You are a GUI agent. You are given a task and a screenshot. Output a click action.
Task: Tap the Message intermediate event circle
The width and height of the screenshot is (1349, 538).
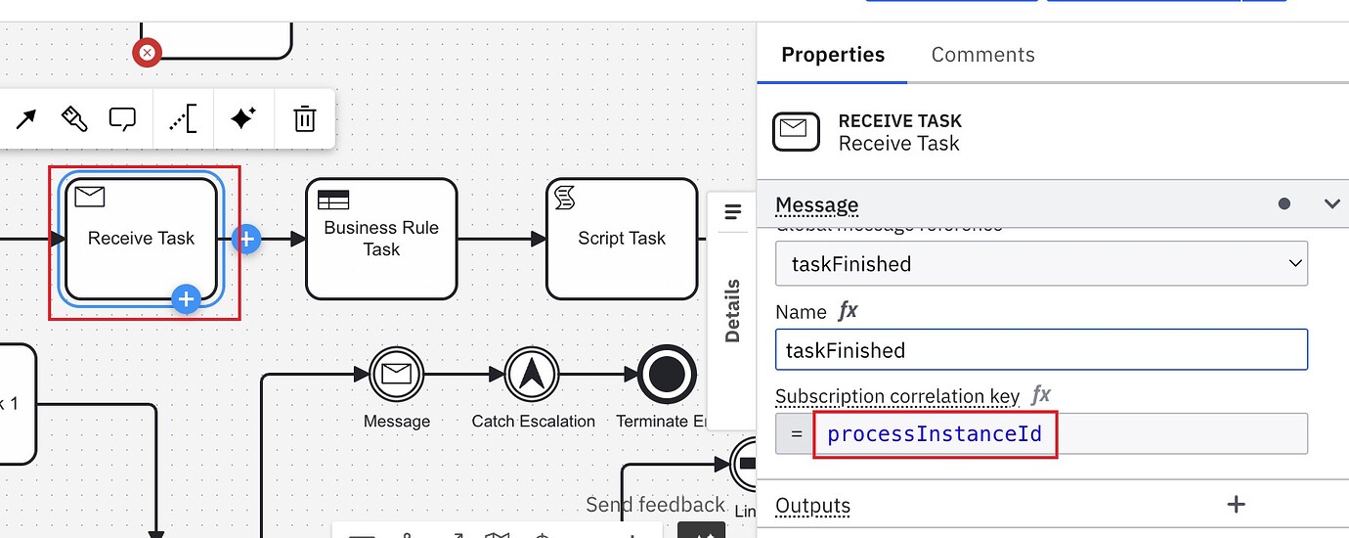coord(396,375)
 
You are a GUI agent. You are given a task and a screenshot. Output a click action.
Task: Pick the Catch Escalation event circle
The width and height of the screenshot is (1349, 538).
coord(532,375)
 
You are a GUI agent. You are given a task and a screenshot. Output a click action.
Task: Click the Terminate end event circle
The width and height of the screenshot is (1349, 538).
coord(667,375)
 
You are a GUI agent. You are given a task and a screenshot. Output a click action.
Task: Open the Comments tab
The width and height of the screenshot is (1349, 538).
coord(982,55)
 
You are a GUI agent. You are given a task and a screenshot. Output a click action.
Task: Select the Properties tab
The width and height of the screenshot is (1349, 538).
coord(833,55)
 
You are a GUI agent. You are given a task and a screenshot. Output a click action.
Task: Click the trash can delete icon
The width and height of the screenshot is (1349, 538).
coord(305,119)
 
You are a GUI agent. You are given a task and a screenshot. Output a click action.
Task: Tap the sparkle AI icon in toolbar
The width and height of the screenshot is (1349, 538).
coord(242,119)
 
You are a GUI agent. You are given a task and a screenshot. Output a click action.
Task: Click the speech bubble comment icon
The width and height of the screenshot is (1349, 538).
coord(122,119)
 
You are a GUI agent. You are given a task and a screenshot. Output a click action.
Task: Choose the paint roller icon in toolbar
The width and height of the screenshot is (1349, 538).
coord(74,119)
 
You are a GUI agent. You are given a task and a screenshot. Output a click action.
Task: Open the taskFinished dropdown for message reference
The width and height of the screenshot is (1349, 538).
coord(1041,264)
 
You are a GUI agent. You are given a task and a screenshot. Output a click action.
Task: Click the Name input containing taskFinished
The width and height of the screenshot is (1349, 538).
coord(1041,350)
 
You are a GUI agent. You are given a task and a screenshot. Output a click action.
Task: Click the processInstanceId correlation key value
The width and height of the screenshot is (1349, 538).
coord(934,433)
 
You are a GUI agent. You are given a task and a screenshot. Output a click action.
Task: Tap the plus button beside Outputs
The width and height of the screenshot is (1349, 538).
coord(1236,505)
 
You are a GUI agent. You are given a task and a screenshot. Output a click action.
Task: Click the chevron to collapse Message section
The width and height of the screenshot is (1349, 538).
coord(1331,203)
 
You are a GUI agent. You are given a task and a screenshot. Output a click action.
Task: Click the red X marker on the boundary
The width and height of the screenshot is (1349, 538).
coord(147,52)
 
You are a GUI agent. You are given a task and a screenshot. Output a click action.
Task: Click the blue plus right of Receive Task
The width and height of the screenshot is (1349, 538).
coord(246,239)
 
